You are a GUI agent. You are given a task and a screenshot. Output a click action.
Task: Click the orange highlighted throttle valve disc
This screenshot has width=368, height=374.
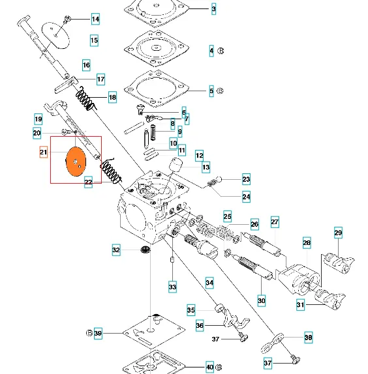pyautogui.click(x=76, y=162)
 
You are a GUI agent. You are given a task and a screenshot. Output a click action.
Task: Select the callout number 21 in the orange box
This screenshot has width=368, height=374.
pyautogui.click(x=44, y=152)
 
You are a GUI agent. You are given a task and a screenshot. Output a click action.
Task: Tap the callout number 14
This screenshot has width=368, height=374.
pyautogui.click(x=95, y=19)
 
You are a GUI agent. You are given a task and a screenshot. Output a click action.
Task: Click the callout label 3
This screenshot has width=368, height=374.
pyautogui.click(x=213, y=9)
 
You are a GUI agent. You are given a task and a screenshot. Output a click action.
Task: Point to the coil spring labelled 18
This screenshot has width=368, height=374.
pyautogui.click(x=85, y=99)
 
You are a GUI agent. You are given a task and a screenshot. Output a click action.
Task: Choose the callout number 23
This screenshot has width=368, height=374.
pyautogui.click(x=246, y=179)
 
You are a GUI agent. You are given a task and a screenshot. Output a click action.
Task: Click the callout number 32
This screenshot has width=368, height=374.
pyautogui.click(x=116, y=250)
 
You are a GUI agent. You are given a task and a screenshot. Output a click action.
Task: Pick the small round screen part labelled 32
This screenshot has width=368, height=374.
pyautogui.click(x=145, y=250)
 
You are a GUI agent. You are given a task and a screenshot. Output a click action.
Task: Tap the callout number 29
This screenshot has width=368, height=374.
pyautogui.click(x=338, y=233)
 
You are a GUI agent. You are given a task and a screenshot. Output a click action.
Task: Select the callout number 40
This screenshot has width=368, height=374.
pyautogui.click(x=209, y=367)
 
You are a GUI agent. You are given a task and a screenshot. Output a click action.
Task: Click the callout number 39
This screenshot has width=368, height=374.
pyautogui.click(x=98, y=333)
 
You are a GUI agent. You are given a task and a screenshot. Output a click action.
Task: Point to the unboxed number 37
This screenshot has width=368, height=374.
pyautogui.click(x=215, y=339)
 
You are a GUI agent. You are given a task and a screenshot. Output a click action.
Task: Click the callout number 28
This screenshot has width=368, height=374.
pyautogui.click(x=307, y=243)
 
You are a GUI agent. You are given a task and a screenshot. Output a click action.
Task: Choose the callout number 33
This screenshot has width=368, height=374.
pyautogui.click(x=172, y=287)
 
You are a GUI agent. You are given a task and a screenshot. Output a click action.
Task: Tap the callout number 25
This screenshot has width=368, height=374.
pyautogui.click(x=227, y=216)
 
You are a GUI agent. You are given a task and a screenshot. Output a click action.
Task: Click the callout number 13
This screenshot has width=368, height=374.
pyautogui.click(x=206, y=167)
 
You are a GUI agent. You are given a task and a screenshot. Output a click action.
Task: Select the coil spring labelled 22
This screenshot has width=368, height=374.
pyautogui.click(x=112, y=171)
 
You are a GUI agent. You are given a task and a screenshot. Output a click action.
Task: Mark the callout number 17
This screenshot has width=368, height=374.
pyautogui.click(x=100, y=79)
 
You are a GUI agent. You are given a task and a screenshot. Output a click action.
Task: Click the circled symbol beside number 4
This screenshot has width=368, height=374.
pyautogui.click(x=221, y=51)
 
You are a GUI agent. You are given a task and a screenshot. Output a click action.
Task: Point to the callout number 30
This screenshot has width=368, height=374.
pyautogui.click(x=262, y=300)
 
